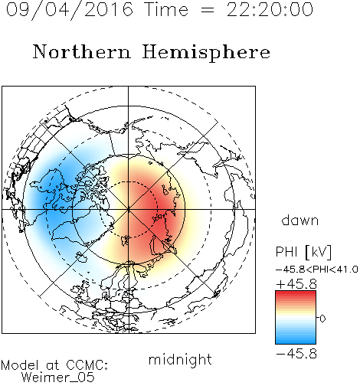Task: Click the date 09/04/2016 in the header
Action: tap(70, 10)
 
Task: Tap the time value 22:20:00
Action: tap(270, 9)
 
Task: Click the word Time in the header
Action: tap(166, 9)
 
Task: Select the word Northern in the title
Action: tap(82, 51)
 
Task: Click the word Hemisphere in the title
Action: tap(206, 52)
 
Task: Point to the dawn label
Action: tap(300, 220)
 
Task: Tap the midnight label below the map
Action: tap(180, 359)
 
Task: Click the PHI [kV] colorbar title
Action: tap(303, 252)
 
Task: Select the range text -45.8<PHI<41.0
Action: tap(316, 270)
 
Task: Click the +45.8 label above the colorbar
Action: tap(296, 284)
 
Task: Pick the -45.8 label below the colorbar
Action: tap(296, 354)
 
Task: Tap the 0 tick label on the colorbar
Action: tap(322, 319)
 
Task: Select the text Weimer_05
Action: tap(57, 378)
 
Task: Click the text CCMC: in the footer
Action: tap(87, 365)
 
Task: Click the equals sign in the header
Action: tap(208, 10)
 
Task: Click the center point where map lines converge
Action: tap(129, 209)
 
